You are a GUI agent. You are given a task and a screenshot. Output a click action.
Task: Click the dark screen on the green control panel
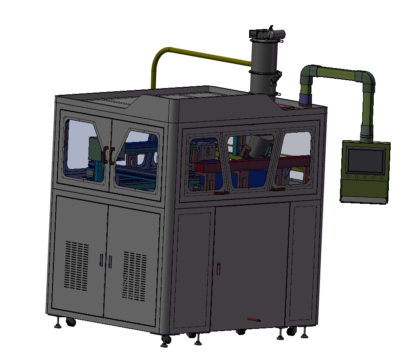coord(366,161)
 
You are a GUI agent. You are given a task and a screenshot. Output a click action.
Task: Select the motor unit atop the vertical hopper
coord(266,34)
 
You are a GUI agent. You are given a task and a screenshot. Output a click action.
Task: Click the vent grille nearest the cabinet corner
coord(135,276)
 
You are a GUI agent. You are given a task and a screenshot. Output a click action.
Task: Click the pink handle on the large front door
coord(218,268)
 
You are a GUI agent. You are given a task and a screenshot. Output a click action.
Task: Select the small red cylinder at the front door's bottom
coord(254,319)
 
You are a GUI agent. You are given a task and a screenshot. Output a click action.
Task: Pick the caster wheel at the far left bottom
coord(70,321)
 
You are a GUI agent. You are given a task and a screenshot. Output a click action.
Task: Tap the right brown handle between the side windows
coord(111,155)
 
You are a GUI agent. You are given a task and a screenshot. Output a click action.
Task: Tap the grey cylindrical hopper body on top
coord(263,67)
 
